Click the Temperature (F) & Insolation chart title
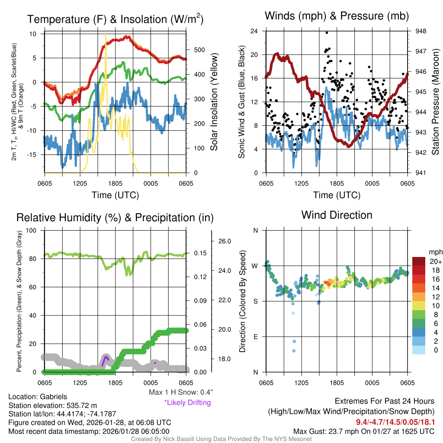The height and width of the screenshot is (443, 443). click(x=115, y=19)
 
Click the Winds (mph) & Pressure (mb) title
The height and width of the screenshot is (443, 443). click(x=337, y=16)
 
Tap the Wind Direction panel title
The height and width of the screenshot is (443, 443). click(x=337, y=215)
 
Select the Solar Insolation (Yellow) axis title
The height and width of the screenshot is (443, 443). click(x=214, y=102)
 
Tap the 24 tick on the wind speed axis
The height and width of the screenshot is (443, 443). click(x=254, y=31)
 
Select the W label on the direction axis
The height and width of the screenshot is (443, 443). click(x=255, y=266)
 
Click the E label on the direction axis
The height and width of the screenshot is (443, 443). click(x=255, y=337)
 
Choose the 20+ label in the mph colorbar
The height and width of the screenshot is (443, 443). click(x=435, y=261)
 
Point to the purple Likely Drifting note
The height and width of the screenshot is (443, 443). click(x=187, y=403)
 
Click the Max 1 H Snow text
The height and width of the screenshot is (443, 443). click(x=180, y=392)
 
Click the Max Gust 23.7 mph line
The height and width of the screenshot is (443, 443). click(x=364, y=431)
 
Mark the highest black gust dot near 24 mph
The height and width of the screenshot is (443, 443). click(x=327, y=32)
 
